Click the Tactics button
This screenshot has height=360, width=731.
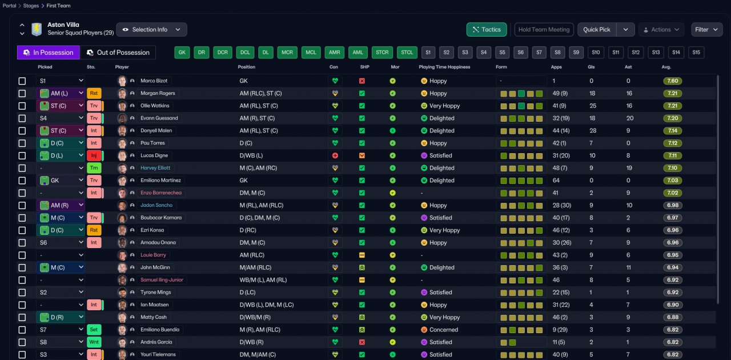[x=487, y=30]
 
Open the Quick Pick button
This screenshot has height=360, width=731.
[x=597, y=30]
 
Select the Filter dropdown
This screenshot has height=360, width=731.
[x=706, y=30]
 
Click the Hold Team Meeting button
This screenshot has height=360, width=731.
[x=544, y=30]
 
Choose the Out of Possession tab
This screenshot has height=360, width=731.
[x=118, y=53]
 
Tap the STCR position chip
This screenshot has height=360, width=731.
[x=382, y=53]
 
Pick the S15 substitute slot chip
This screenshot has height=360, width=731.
[x=696, y=53]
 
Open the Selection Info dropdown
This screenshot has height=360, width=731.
[x=151, y=30]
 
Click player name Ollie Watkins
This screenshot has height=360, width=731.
[x=155, y=106]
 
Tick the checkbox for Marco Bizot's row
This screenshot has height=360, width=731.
[x=22, y=81]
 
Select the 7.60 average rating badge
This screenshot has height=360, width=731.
[x=672, y=81]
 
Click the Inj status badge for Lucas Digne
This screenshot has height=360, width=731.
[x=94, y=155]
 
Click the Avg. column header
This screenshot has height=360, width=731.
[x=666, y=67]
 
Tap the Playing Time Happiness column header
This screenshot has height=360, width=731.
[x=444, y=67]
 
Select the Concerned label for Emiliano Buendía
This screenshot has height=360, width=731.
[x=444, y=330]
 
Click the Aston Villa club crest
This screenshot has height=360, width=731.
[x=37, y=29]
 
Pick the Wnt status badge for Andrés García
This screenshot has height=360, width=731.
[x=94, y=342]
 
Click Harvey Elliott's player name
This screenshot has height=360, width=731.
[x=156, y=168]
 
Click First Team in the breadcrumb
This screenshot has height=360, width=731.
[x=58, y=6]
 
